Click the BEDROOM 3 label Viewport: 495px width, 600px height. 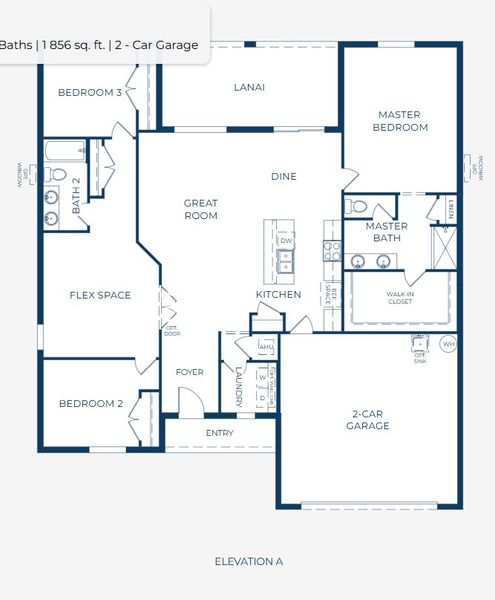coord(89,92)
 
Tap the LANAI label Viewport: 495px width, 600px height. coord(249,87)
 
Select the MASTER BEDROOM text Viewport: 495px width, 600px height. coord(400,121)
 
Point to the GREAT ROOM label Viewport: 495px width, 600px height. coord(200,209)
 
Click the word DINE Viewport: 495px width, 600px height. coord(283,177)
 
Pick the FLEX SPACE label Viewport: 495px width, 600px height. coord(99,295)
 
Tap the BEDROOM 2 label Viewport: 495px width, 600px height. coord(89,404)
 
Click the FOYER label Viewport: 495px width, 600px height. coord(189,372)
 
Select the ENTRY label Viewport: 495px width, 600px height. coord(219,433)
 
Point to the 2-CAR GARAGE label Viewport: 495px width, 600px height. coord(370,419)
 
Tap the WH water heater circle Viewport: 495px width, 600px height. coord(447,344)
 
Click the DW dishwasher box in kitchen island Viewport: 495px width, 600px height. coord(286,241)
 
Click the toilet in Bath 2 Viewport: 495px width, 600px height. coord(55,174)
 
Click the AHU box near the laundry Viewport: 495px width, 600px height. coord(266,346)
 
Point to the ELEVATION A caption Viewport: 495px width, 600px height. coord(248,561)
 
